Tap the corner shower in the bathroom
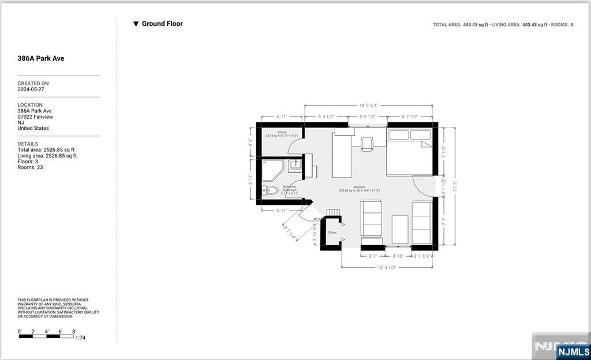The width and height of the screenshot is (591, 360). pyautogui.click(x=272, y=169)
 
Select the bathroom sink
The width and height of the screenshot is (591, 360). pyautogui.click(x=295, y=165)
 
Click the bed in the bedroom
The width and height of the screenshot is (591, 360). pyautogui.click(x=410, y=152)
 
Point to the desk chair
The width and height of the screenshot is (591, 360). pyautogui.click(x=367, y=144)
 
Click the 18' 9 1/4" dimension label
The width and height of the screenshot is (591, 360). pyautogui.click(x=368, y=106)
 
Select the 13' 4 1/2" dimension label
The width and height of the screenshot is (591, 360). pyautogui.click(x=387, y=267)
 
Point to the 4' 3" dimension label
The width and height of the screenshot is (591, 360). pyautogui.click(x=250, y=142)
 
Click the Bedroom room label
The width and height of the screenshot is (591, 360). pyautogui.click(x=359, y=187)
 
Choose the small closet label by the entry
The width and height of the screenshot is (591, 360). pyautogui.click(x=332, y=232)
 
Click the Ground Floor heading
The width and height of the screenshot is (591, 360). pyautogui.click(x=162, y=24)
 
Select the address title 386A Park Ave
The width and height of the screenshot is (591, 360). pyautogui.click(x=40, y=58)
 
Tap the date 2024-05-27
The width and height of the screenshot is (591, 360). pyautogui.click(x=31, y=89)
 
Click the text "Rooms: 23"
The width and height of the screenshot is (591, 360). pyautogui.click(x=30, y=167)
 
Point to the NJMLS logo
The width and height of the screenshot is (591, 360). pyautogui.click(x=573, y=351)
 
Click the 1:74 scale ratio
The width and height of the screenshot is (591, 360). pyautogui.click(x=80, y=337)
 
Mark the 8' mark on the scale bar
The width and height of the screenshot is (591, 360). pyautogui.click(x=73, y=332)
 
